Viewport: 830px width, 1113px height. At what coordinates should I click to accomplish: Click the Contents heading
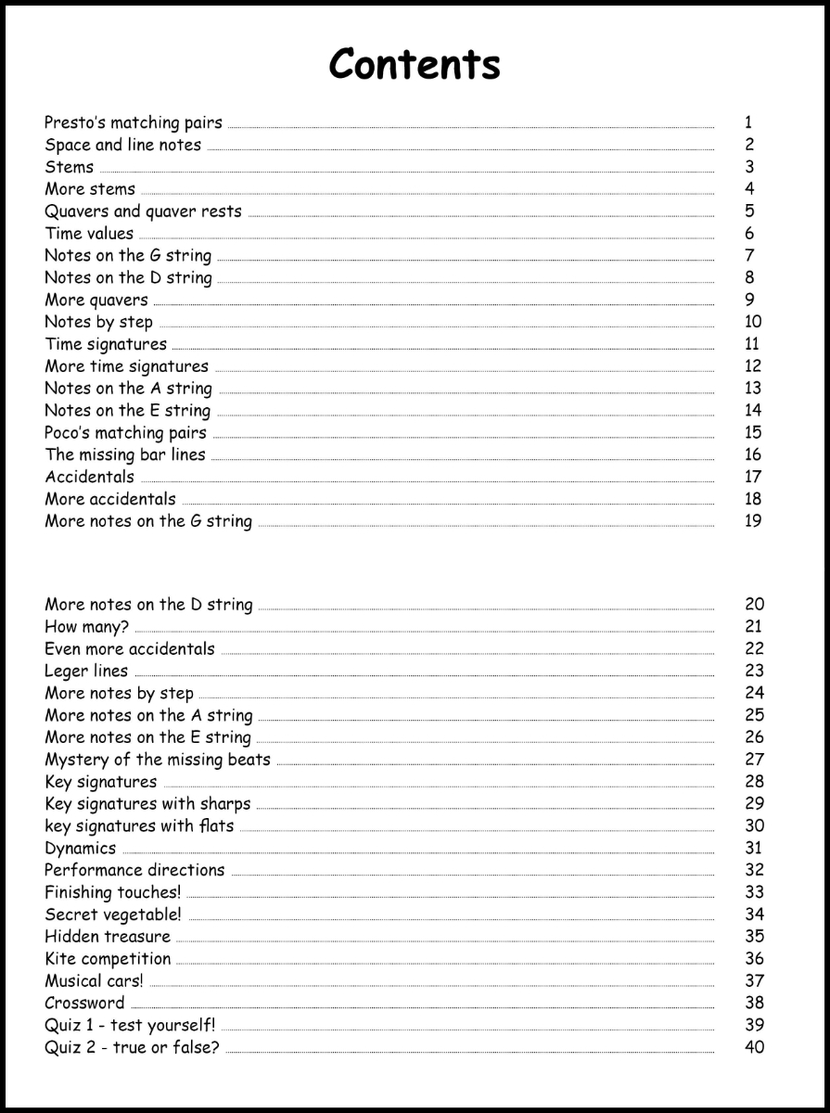click(x=415, y=64)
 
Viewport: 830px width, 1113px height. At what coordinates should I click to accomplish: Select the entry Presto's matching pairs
click(x=134, y=122)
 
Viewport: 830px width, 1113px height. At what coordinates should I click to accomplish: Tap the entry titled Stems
click(x=70, y=167)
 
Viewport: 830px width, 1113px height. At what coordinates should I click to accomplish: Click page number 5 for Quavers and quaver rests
click(x=748, y=211)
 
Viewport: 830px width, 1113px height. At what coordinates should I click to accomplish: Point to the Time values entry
click(x=89, y=234)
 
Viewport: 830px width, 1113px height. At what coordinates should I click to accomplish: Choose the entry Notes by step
click(x=99, y=323)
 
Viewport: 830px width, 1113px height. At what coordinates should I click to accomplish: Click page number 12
click(x=752, y=366)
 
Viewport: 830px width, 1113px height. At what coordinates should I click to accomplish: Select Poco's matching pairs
click(x=126, y=433)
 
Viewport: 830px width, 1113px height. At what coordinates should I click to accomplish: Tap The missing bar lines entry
click(x=125, y=455)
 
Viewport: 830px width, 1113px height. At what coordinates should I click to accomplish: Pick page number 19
click(x=752, y=521)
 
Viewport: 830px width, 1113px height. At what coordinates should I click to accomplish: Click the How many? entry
click(x=87, y=627)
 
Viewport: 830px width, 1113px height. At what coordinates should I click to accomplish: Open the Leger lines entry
click(x=87, y=672)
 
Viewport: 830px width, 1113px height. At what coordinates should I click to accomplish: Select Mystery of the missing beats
click(x=158, y=760)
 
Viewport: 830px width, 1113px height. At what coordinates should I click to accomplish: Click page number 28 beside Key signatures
click(x=754, y=782)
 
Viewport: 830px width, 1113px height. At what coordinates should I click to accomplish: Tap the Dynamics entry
click(x=81, y=849)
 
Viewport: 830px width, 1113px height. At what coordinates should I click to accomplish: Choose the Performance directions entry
click(x=134, y=871)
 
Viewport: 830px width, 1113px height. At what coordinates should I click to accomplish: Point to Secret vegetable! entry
click(x=113, y=915)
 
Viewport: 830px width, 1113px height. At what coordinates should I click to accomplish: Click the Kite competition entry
click(x=108, y=959)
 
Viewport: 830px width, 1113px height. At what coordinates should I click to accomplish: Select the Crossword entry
click(x=84, y=1004)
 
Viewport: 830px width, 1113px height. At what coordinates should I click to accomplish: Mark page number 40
click(x=754, y=1048)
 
